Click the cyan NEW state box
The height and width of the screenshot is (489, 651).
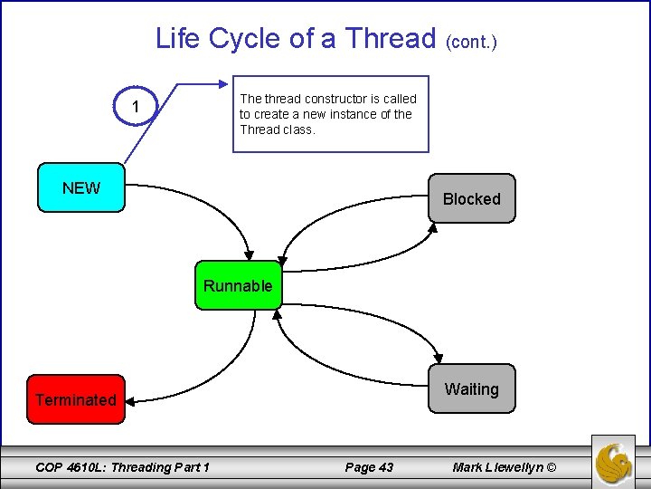81,188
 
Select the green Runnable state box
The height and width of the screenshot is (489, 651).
238,286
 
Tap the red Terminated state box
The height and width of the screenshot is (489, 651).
76,399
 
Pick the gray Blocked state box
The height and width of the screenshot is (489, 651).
471,198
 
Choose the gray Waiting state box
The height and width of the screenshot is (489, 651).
471,388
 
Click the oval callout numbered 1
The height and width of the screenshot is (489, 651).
136,108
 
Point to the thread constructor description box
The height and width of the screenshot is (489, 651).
330,114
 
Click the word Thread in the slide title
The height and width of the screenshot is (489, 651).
391,38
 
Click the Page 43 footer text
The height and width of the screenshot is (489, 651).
369,467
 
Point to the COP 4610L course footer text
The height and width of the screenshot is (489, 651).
122,467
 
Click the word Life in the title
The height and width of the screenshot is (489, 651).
177,38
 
